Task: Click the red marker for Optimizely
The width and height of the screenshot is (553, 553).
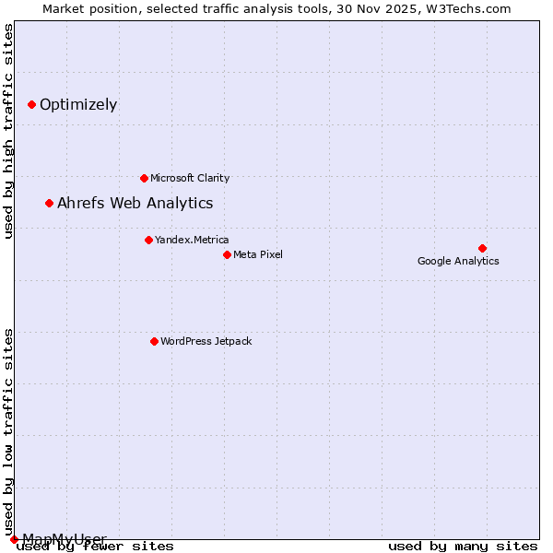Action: (x=31, y=104)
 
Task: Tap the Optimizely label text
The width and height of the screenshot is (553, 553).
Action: (x=78, y=104)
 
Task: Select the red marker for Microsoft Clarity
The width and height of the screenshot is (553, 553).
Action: (x=144, y=178)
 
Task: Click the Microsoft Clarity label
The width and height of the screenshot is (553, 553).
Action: (x=190, y=178)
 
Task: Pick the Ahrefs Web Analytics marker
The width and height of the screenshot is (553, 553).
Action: (x=49, y=203)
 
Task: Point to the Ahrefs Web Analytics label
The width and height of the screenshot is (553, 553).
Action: (x=135, y=203)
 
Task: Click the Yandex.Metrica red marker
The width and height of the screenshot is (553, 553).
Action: (x=148, y=240)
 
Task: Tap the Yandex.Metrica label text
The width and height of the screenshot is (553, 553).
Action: (x=192, y=240)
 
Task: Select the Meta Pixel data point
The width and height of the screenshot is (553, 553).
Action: (x=227, y=254)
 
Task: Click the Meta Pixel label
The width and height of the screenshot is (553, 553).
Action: (x=258, y=254)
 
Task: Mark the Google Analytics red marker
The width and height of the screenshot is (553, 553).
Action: (x=482, y=248)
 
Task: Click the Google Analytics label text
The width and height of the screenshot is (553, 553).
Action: (x=458, y=261)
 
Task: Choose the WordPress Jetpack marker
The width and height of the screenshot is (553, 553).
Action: (x=154, y=341)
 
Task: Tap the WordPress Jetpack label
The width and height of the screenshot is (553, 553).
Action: (x=206, y=341)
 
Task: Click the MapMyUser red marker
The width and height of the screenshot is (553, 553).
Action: (x=14, y=539)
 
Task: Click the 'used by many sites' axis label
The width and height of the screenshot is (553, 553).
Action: (x=463, y=547)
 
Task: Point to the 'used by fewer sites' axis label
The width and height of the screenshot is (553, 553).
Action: (x=96, y=547)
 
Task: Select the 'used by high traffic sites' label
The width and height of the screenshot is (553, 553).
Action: (x=8, y=131)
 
